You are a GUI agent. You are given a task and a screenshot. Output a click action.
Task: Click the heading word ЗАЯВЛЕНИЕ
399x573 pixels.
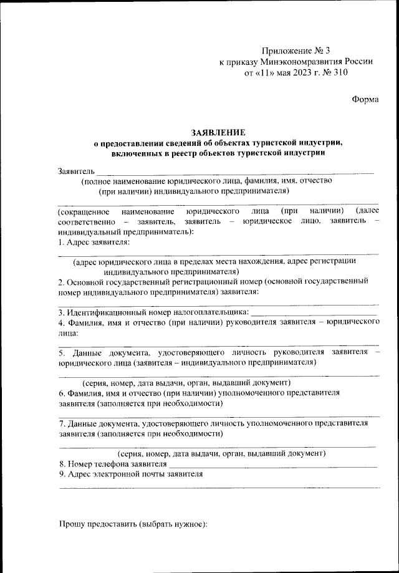tap(218, 132)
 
